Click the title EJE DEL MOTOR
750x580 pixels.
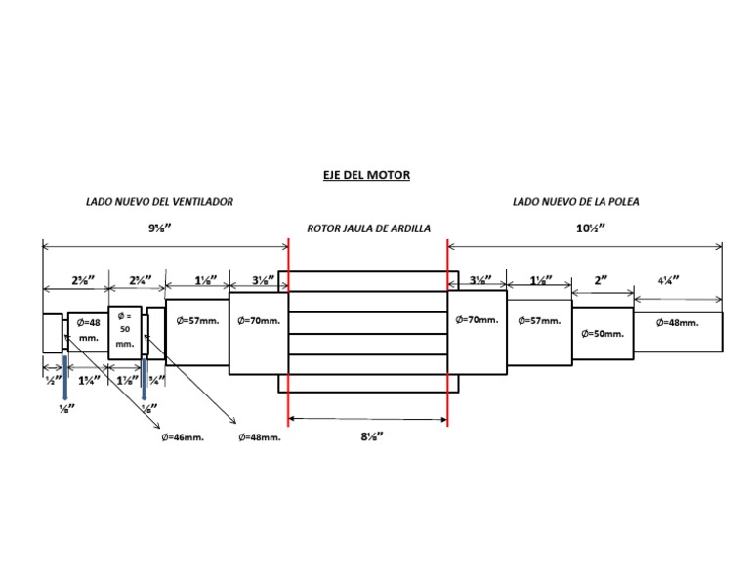(366, 175)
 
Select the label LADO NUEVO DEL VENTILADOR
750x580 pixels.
(159, 202)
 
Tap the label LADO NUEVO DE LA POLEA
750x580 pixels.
(575, 202)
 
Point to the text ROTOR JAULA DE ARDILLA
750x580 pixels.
(368, 228)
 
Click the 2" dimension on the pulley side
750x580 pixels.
(601, 279)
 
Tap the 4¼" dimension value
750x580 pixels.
(668, 279)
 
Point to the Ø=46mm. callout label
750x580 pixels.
(183, 437)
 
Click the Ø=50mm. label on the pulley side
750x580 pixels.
(602, 333)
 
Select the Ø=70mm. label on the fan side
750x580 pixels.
(258, 319)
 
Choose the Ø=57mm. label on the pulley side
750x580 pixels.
(539, 319)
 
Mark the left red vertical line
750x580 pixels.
(289, 332)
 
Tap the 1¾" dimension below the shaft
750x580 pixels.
(88, 380)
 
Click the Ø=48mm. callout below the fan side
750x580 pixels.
(259, 437)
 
